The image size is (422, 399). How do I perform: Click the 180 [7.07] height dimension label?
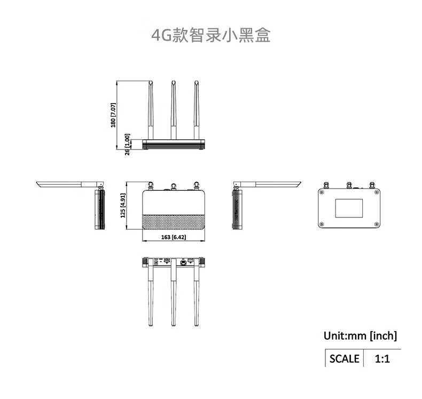click(x=113, y=115)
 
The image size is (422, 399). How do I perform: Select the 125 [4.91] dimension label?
click(x=123, y=206)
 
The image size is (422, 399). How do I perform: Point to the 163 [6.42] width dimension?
click(x=173, y=237)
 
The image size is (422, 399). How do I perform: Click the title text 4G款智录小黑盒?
click(x=211, y=36)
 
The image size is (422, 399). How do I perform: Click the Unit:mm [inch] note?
click(x=360, y=335)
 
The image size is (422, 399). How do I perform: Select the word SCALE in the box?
click(x=344, y=358)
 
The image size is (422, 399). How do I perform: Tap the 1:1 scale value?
click(x=382, y=358)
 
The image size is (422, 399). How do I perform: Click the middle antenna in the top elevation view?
click(x=174, y=109)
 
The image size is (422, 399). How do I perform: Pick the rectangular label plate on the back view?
click(x=349, y=208)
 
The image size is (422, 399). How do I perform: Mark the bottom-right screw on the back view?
click(x=377, y=224)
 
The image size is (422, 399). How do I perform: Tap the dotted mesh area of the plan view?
click(x=174, y=221)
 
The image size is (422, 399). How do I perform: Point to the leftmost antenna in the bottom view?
click(x=150, y=296)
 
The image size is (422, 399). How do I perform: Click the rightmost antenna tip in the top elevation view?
click(x=196, y=83)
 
